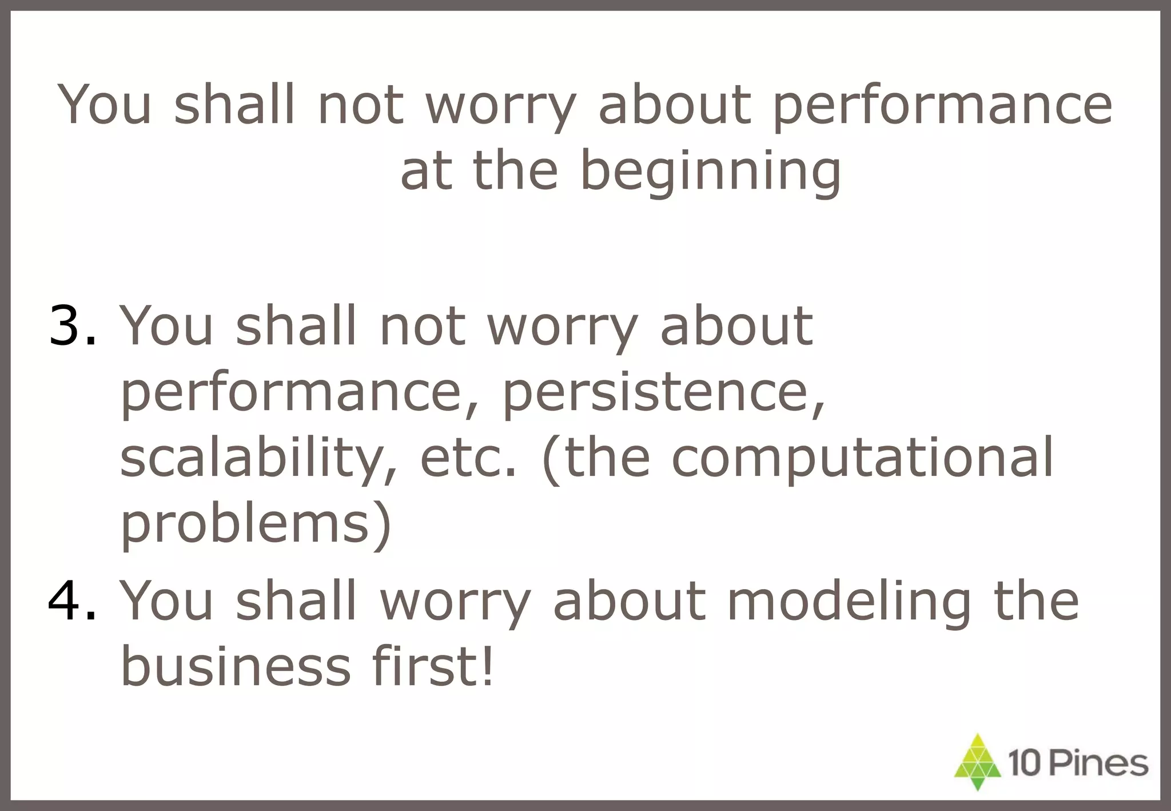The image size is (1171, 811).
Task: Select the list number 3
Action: [72, 326]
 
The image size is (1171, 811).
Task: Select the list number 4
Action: [72, 601]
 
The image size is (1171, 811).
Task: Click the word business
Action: [236, 667]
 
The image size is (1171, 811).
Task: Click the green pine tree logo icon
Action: [978, 762]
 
